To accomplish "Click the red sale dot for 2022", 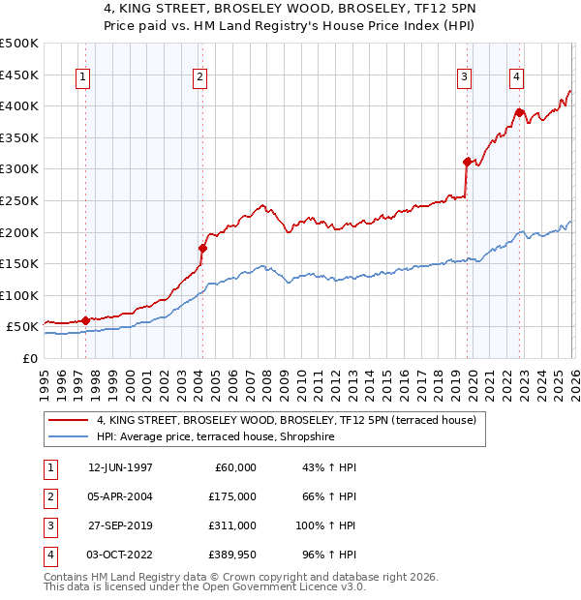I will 520,112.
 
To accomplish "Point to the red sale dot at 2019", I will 467,163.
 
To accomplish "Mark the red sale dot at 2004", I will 202,248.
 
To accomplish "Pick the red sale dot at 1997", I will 85,320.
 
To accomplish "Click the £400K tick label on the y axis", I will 19,105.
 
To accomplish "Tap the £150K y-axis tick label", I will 19,263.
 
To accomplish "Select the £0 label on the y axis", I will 30,358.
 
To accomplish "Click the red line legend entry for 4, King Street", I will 286,421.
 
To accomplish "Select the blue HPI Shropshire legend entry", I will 228,437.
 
